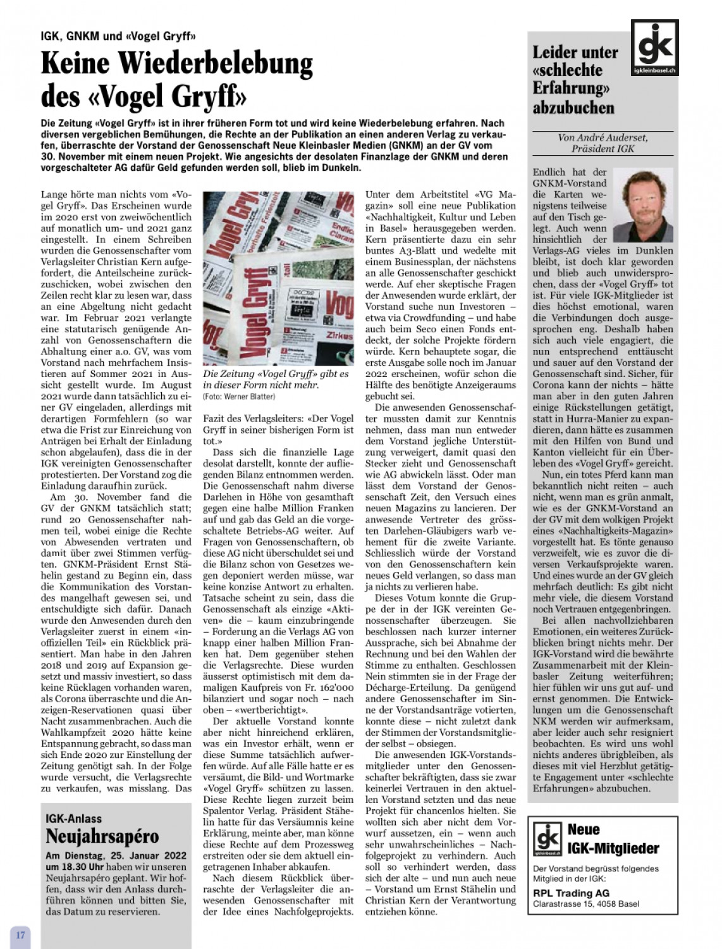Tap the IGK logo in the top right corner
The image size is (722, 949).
pos(654,48)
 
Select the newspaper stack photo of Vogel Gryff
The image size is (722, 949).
pos(278,278)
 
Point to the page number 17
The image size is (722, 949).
pos(20,934)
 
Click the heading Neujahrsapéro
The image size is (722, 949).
pos(102,836)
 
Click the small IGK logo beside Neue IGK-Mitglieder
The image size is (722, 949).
pos(547,838)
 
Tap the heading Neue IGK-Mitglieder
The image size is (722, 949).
pos(613,839)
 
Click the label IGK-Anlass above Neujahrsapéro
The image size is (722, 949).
pos(74,819)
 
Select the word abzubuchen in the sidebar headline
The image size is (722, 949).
pos(573,108)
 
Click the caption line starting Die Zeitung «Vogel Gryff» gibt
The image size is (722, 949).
pos(276,374)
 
